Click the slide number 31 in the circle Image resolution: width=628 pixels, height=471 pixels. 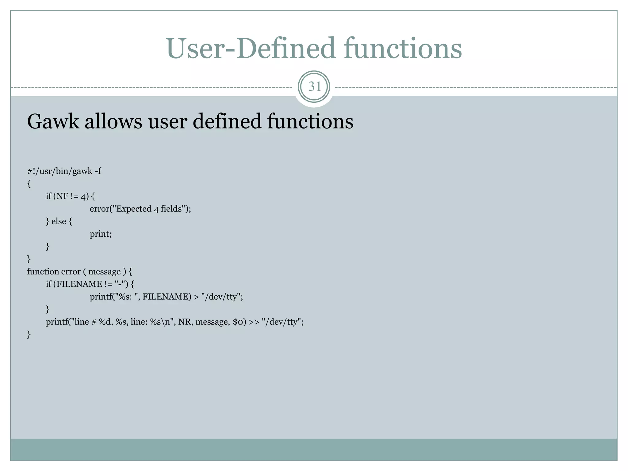pos(314,87)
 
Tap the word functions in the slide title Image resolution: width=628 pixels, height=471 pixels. pos(403,48)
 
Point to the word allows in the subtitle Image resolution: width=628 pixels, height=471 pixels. pos(113,121)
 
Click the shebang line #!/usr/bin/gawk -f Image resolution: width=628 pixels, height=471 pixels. pos(64,171)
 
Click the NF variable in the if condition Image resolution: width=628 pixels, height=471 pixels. pos(62,196)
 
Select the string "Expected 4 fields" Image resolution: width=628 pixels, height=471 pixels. pos(149,209)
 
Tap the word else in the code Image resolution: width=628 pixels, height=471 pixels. pos(59,221)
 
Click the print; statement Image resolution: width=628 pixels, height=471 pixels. pos(101,234)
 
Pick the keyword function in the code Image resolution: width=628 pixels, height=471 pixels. pos(43,272)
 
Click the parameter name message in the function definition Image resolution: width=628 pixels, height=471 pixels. pos(104,272)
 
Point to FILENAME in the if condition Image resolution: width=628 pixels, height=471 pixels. pos(79,284)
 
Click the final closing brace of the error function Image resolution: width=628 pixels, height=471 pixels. pos(29,334)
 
